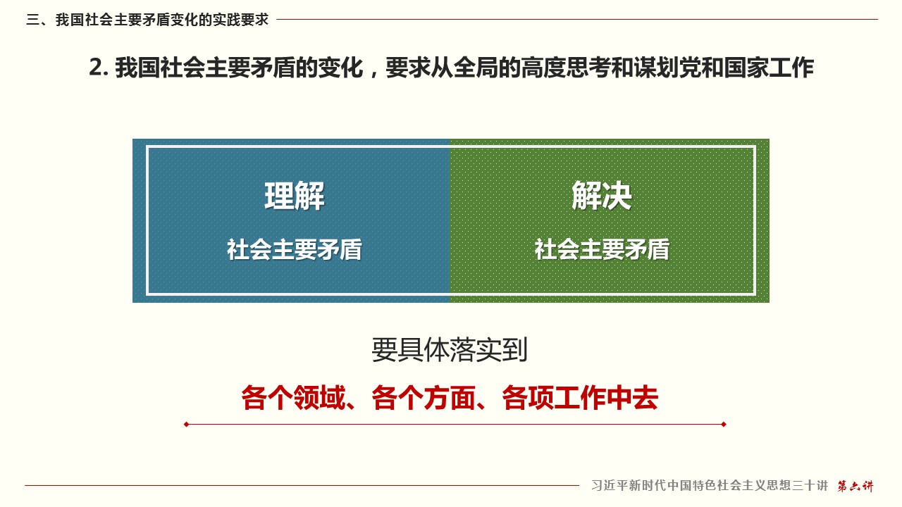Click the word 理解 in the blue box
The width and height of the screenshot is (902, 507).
295,196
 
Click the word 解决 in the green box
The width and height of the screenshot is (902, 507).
602,196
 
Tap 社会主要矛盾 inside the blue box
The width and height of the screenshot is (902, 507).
295,249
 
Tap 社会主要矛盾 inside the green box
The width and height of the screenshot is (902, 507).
602,249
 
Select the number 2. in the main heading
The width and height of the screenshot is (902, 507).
99,68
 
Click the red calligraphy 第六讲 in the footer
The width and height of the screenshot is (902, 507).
855,486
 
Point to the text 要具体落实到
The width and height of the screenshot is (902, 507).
450,350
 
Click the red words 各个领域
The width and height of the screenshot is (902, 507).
294,398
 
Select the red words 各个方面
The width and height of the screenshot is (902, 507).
424,398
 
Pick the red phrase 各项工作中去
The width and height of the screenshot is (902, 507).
580,398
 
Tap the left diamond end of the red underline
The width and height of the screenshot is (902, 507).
186,424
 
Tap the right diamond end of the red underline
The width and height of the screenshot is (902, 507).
724,424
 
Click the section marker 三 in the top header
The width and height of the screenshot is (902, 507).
32,20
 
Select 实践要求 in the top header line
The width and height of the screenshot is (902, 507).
241,20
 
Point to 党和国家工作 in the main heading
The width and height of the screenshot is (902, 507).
746,68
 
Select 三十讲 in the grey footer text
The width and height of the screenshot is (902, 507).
810,486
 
